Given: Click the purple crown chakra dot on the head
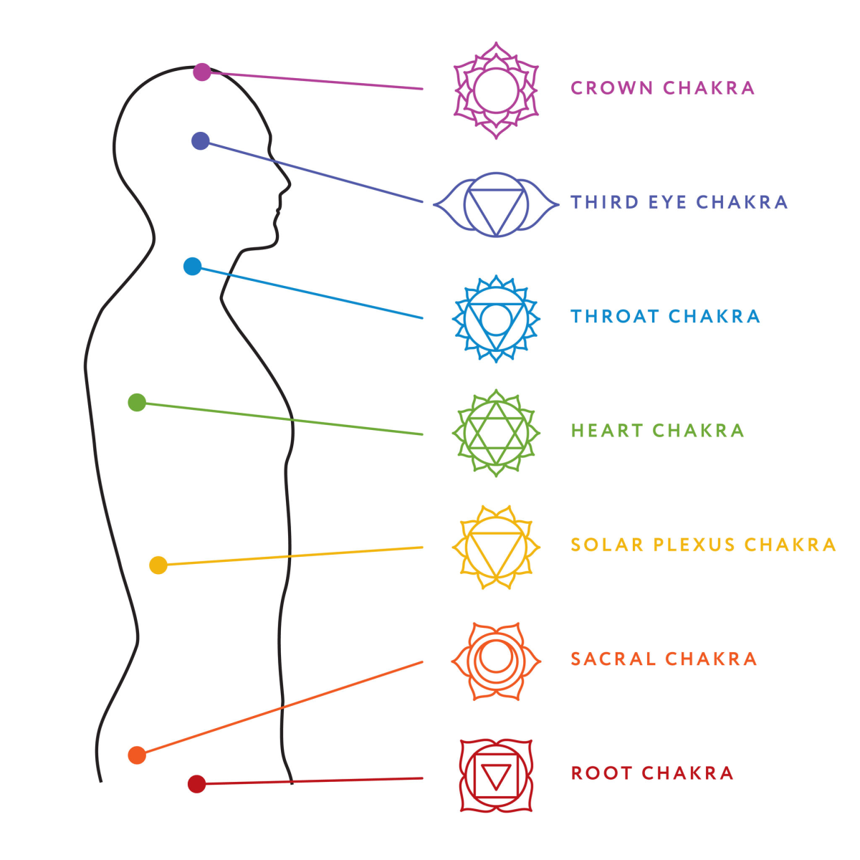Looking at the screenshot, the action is click(201, 72).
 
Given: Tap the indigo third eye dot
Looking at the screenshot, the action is click(201, 141).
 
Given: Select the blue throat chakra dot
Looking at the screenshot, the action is click(192, 267).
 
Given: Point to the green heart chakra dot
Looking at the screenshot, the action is click(137, 403).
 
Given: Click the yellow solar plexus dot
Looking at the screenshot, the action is click(158, 565).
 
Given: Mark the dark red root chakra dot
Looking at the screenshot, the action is click(196, 784).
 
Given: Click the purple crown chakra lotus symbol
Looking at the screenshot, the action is click(496, 90).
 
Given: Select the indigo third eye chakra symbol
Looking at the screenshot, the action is click(496, 205).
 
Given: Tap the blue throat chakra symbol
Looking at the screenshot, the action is click(496, 319).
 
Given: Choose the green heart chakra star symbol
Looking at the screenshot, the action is click(496, 433).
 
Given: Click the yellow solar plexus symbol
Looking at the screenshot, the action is click(496, 547).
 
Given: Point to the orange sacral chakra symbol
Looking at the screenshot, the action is click(496, 661).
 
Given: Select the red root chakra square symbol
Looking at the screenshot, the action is click(496, 775).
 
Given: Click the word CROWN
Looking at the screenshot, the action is click(612, 88).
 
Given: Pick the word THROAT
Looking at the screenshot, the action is click(615, 317).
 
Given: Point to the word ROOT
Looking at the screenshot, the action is click(601, 773).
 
